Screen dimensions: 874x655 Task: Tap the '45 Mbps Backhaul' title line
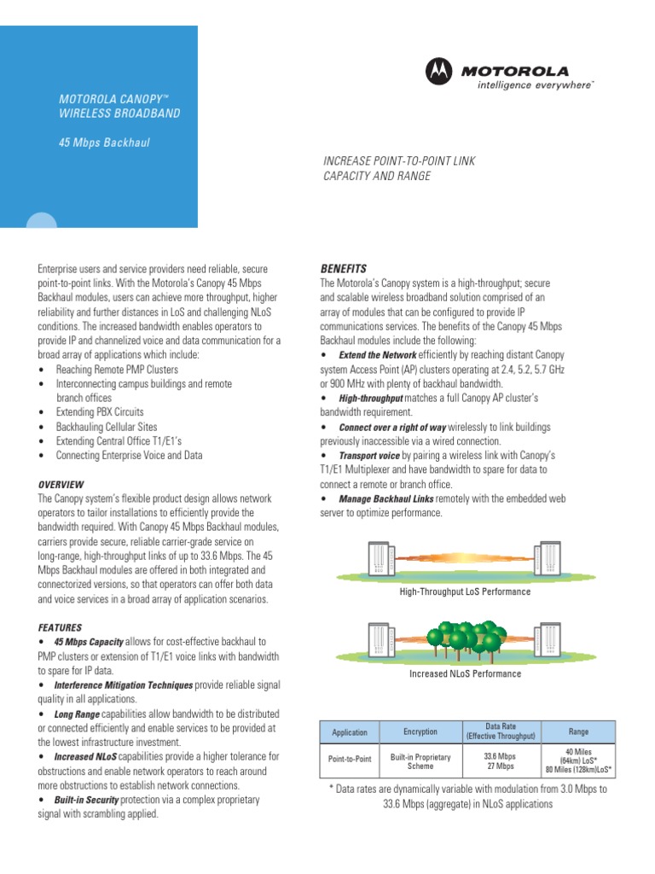104,143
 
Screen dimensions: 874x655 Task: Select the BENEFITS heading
343,268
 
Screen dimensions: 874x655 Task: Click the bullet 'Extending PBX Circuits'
100,412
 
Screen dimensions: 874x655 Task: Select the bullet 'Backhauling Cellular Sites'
107,427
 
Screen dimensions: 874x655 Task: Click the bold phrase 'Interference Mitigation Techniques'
124,685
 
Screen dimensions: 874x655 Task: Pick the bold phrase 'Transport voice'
369,456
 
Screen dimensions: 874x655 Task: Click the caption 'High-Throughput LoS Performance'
465,591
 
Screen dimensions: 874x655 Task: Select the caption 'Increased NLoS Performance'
466,674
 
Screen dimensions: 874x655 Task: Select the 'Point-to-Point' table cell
350,757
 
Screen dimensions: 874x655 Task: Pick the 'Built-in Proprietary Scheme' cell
420,761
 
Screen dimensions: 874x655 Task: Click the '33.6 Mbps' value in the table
499,755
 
